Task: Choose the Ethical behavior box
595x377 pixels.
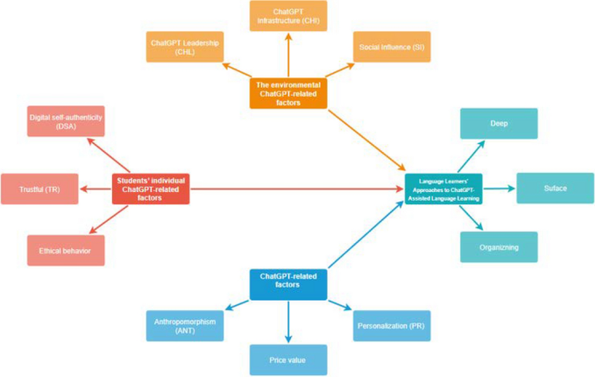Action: [x=64, y=251]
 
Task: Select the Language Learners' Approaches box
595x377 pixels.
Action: [x=443, y=188]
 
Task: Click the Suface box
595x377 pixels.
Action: [x=555, y=188]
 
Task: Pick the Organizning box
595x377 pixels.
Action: [x=499, y=247]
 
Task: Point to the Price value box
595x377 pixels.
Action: [x=288, y=359]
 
